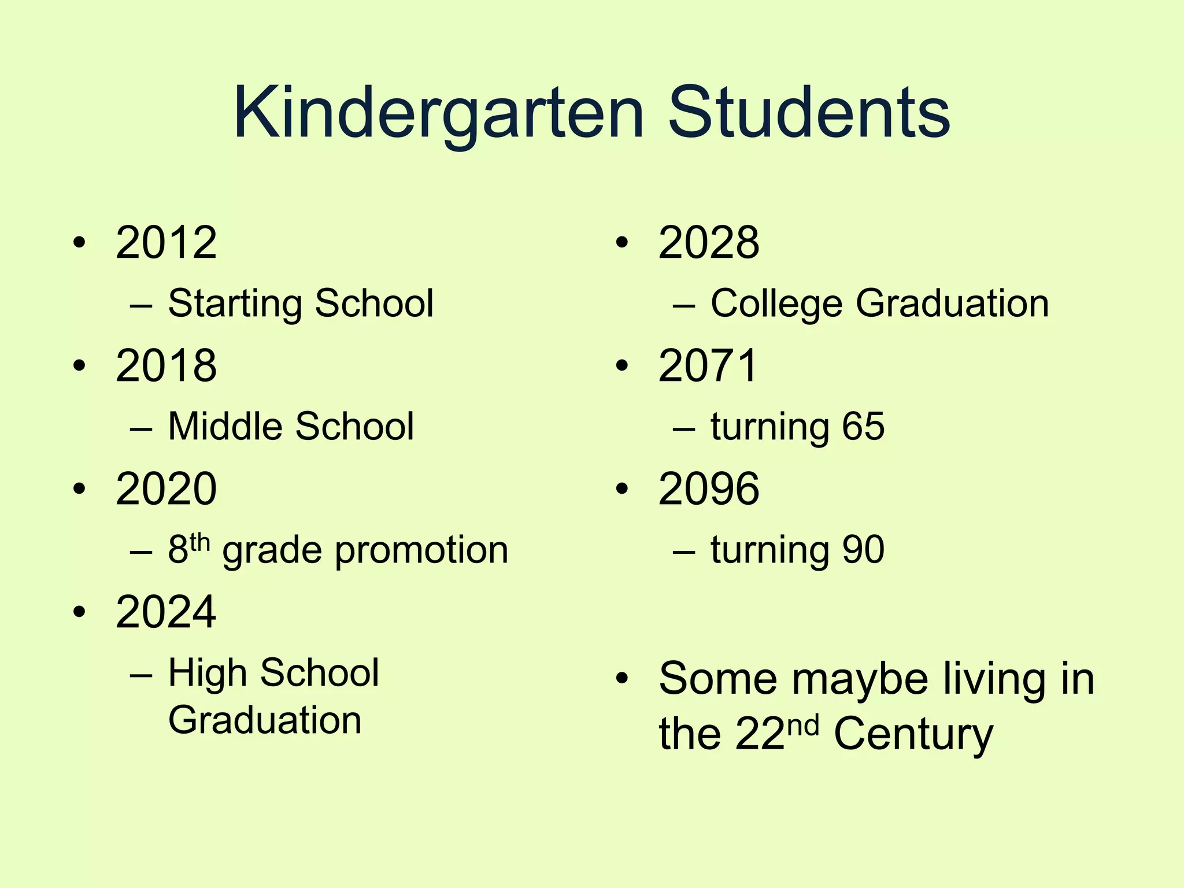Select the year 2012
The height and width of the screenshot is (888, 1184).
tap(166, 242)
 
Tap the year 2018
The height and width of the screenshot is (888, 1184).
tap(166, 365)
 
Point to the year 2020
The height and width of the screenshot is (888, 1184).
tap(166, 489)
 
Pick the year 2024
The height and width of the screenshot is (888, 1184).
tap(166, 612)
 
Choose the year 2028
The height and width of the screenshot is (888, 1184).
tap(709, 242)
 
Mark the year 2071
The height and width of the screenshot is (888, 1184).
tap(708, 365)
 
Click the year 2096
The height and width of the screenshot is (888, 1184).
tap(709, 489)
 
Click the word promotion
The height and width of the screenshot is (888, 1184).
tap(421, 550)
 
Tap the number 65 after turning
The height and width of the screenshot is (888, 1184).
tap(863, 427)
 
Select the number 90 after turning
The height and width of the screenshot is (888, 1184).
tap(863, 550)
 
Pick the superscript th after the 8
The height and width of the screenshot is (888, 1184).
tap(199, 542)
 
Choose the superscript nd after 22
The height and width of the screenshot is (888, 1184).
tap(803, 726)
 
